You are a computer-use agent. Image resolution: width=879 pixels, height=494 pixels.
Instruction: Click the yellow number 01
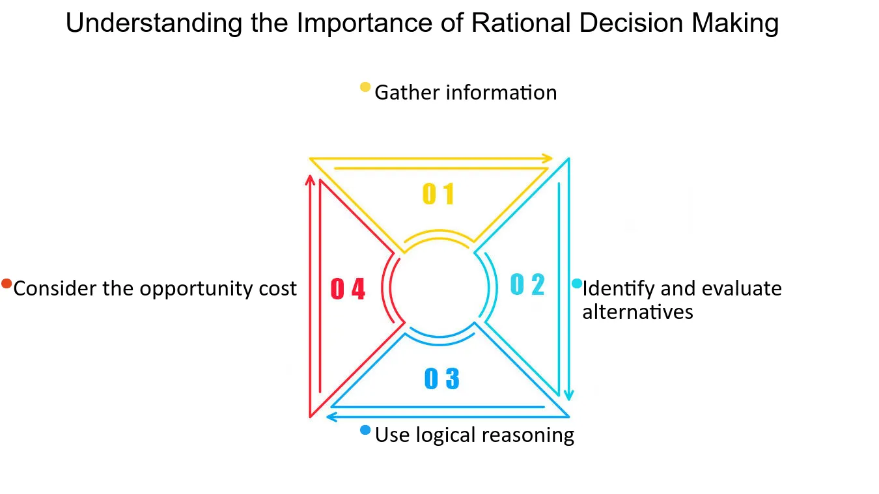coord(438,194)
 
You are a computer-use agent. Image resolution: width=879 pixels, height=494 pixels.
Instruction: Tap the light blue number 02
coord(527,284)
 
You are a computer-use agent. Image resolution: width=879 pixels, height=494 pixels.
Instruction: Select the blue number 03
coord(441,378)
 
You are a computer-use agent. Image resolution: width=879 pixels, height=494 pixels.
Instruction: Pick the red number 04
coord(348,288)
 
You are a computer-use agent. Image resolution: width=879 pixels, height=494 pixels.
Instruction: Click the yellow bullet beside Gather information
coord(365,87)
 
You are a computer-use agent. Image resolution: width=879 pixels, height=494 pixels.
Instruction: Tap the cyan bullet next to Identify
coord(577,284)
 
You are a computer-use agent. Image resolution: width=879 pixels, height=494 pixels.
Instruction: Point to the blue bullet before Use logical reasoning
coord(365,430)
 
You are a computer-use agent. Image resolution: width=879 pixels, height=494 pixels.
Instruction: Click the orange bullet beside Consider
coord(7,284)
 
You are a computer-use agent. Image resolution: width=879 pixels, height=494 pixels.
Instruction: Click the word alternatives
coord(637,312)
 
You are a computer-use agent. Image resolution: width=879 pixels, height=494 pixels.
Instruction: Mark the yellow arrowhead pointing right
coord(547,158)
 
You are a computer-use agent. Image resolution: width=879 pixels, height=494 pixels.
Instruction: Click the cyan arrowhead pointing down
coord(568,394)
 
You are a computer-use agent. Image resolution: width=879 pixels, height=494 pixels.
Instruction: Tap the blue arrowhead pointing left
coord(331,417)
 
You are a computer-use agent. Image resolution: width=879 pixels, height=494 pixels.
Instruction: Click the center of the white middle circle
coord(439,286)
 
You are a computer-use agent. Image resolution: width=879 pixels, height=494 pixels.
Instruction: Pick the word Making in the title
coord(735,23)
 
